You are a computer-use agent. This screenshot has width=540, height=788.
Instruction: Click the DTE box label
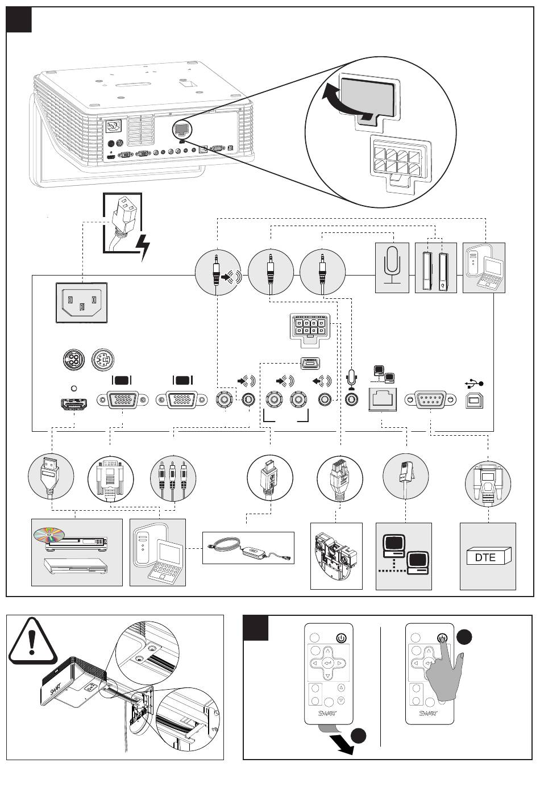tap(485, 557)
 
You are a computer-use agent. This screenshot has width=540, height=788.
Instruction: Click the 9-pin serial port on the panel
tap(430, 399)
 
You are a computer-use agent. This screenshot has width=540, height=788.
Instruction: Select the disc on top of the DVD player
tap(49, 534)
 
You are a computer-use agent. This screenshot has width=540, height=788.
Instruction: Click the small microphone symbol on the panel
tap(352, 377)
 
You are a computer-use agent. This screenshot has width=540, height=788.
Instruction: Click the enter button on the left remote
tap(326, 662)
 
